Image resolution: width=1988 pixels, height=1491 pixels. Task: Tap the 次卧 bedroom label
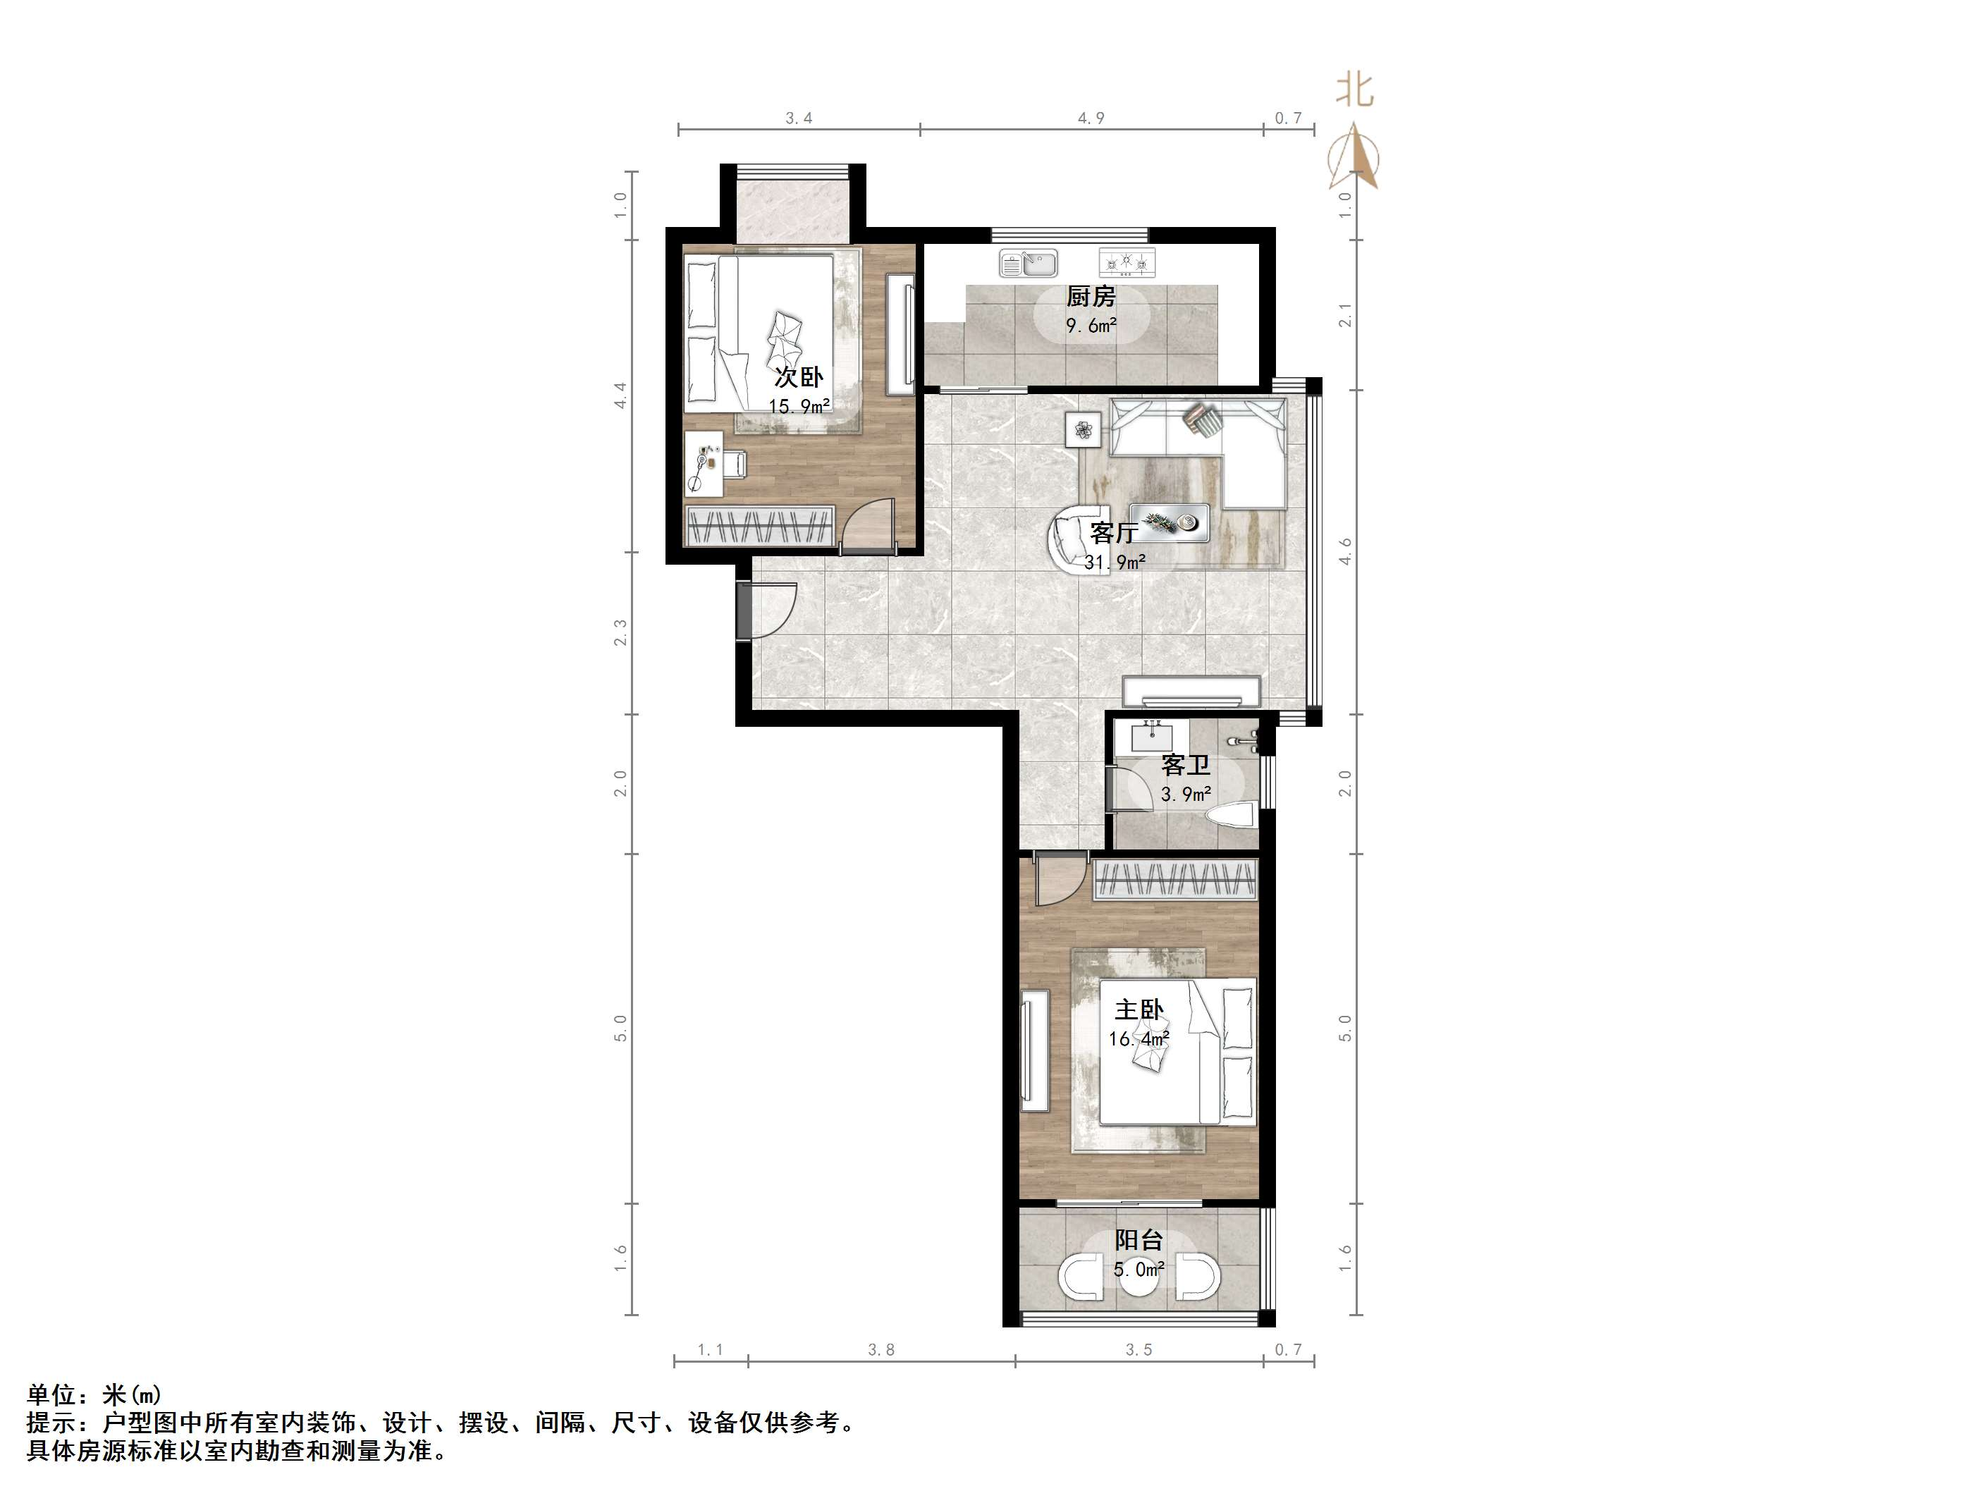click(x=799, y=376)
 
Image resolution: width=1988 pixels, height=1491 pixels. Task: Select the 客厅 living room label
click(x=1115, y=533)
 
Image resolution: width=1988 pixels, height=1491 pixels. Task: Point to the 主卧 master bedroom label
click(x=1140, y=1010)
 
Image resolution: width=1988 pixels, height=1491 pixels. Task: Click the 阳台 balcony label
click(x=1140, y=1240)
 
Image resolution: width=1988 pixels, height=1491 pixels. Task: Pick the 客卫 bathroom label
click(x=1186, y=765)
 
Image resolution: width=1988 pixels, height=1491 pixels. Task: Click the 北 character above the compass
click(x=1354, y=90)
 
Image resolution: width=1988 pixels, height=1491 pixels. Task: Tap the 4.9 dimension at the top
click(x=1091, y=118)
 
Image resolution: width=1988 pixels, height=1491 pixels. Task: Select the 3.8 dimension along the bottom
click(x=882, y=1350)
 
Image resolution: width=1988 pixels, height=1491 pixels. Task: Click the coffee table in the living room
click(x=1170, y=523)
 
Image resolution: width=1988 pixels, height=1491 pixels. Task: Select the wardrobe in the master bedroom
click(x=1174, y=880)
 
